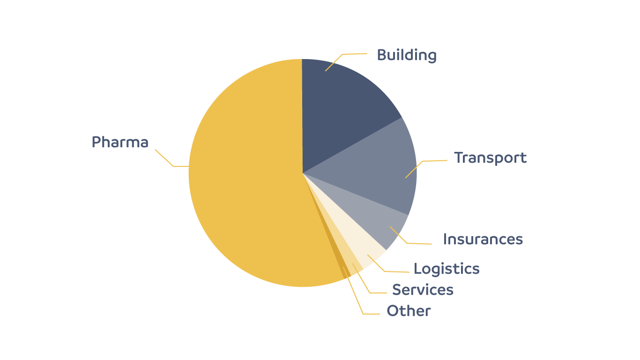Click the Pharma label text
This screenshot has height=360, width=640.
tap(120, 142)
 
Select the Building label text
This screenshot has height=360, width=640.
tap(407, 55)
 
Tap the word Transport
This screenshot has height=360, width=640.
tap(490, 158)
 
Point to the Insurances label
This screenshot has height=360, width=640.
tap(483, 240)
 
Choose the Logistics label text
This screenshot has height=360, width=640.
tap(447, 269)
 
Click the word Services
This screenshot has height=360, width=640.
tap(423, 290)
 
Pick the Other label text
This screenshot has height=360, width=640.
tap(409, 311)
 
